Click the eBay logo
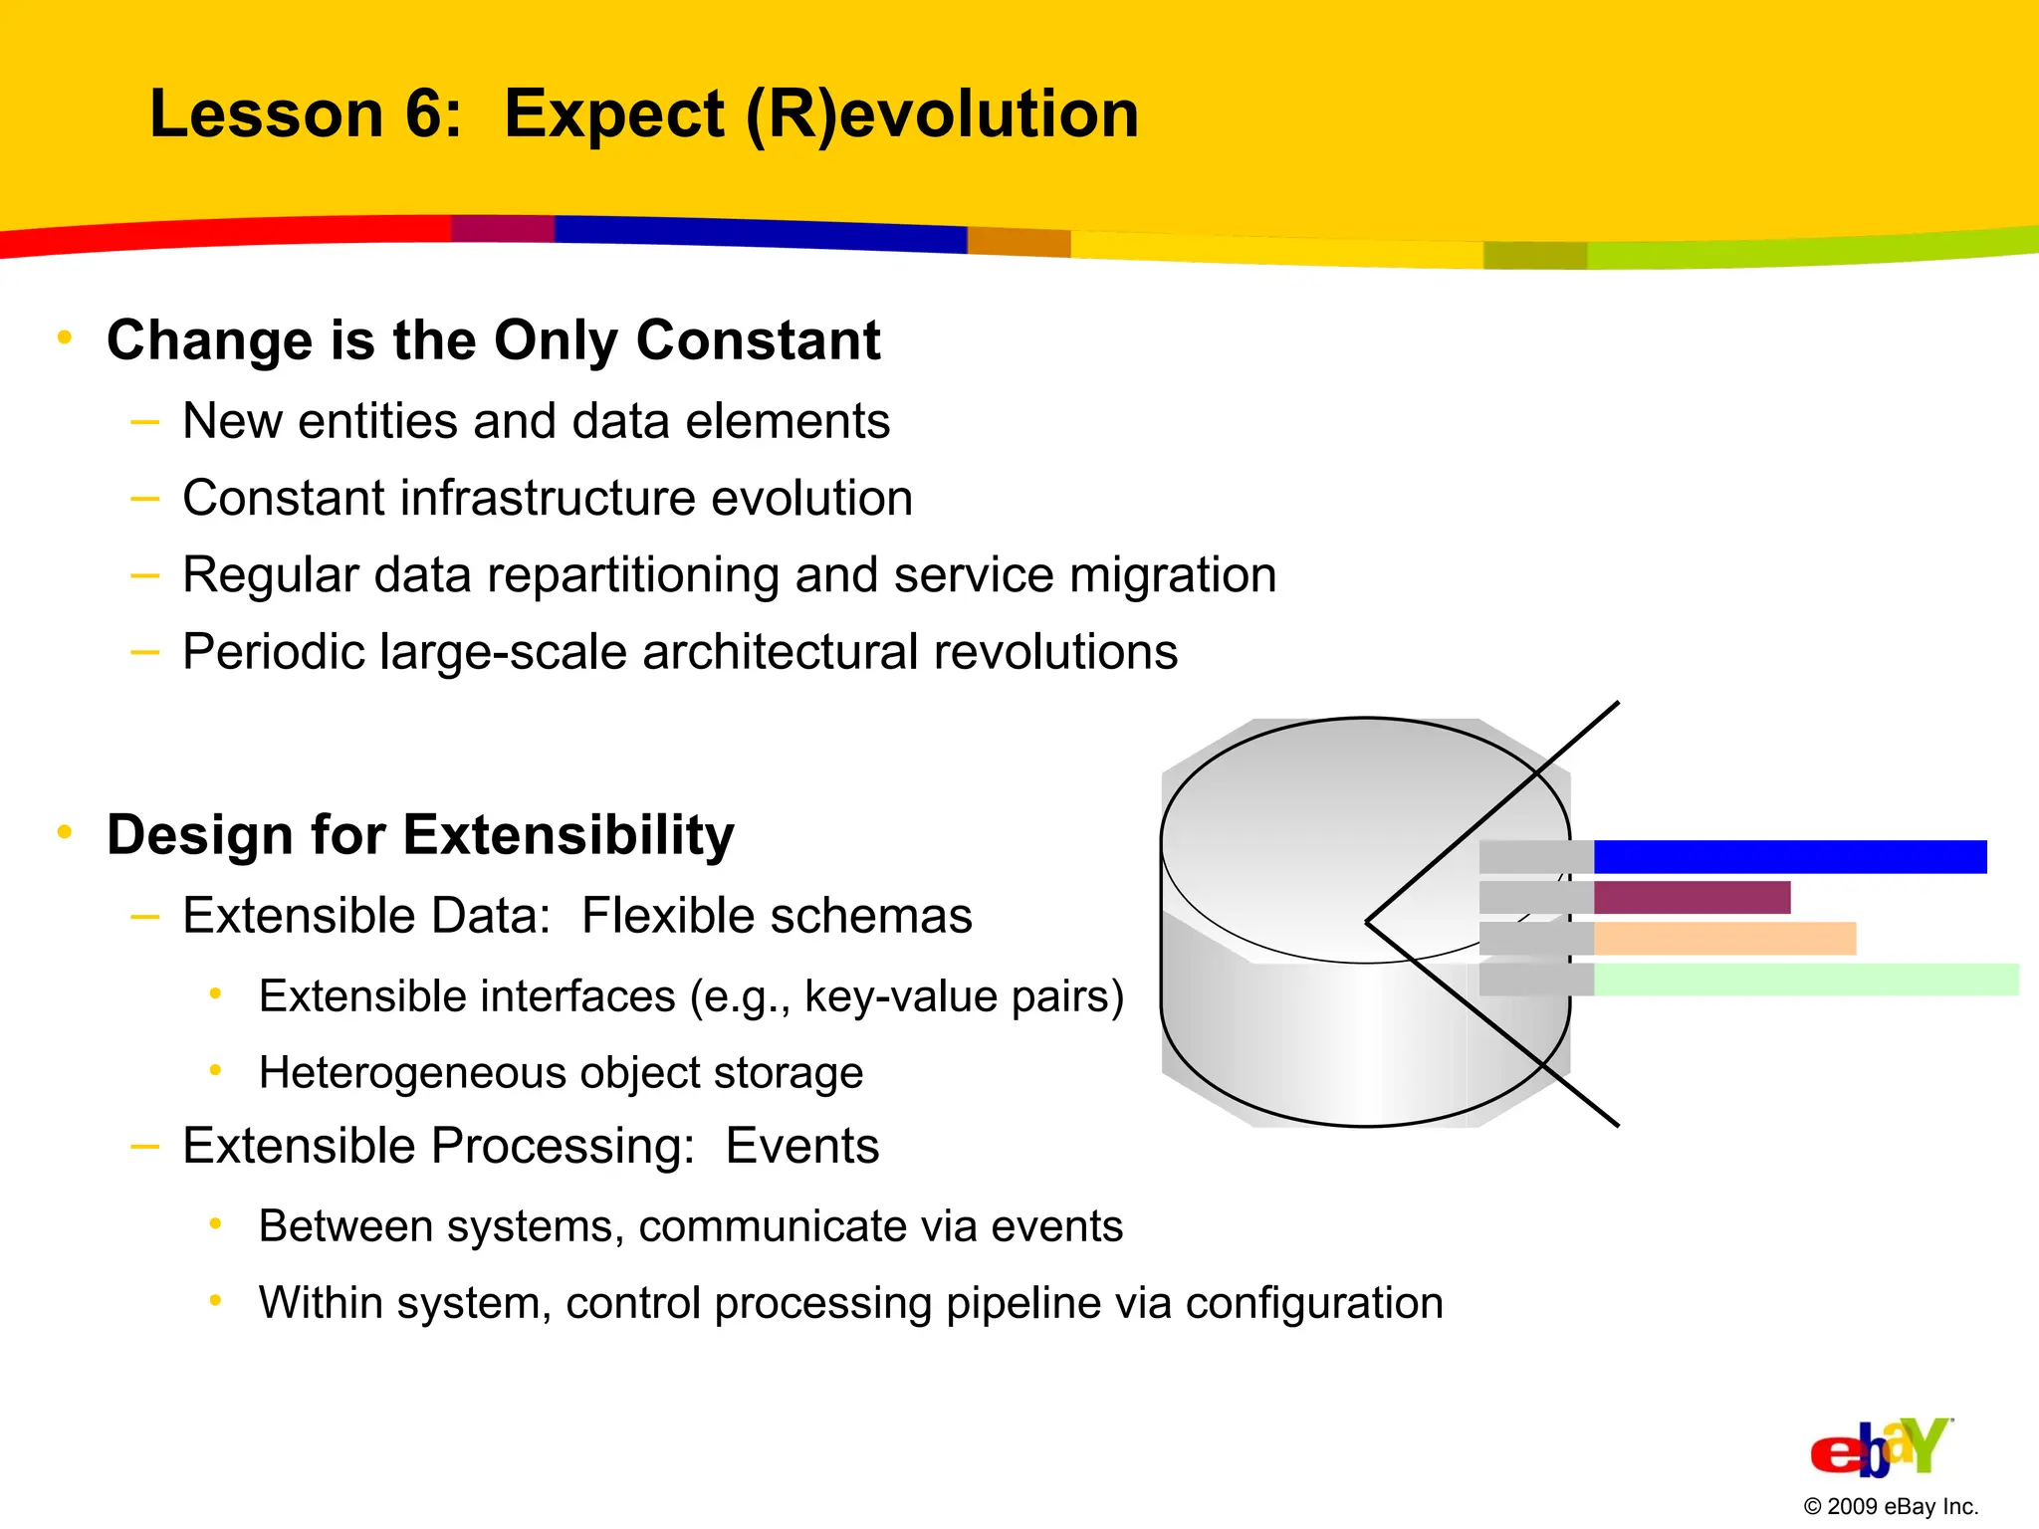1880,1448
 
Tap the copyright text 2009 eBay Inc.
1891,1507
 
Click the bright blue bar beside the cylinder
1789,857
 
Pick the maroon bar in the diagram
1692,898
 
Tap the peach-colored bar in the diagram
1724,939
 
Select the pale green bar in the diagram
1805,980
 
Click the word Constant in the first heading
758,340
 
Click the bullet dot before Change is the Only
65,338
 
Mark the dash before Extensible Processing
145,1147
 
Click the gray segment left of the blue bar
1535,857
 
